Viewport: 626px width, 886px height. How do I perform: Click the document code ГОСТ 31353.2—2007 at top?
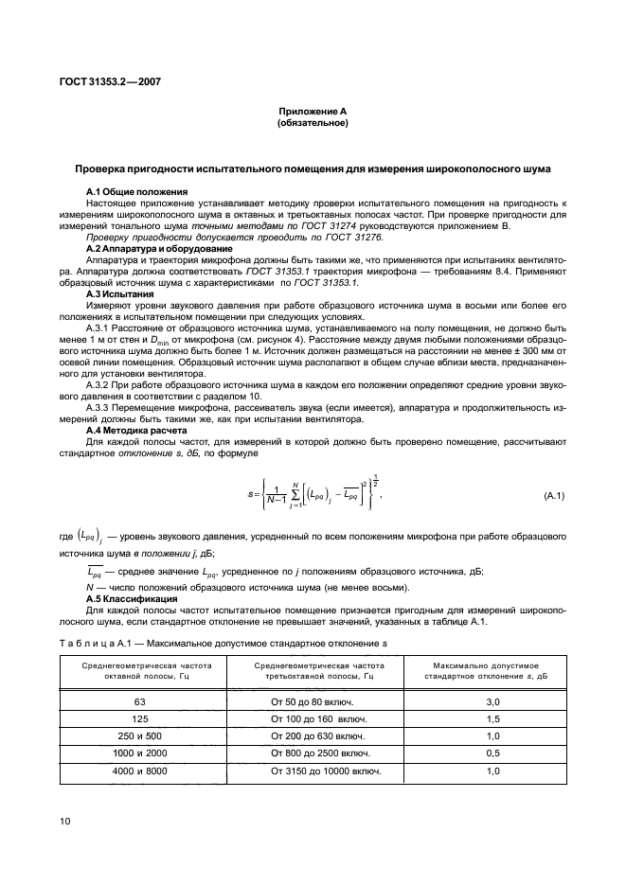[x=104, y=81]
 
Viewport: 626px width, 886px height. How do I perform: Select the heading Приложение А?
[x=313, y=111]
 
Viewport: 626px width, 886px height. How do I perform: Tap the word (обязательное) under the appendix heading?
[x=313, y=123]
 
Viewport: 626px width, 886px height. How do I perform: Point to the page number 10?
[x=65, y=822]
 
